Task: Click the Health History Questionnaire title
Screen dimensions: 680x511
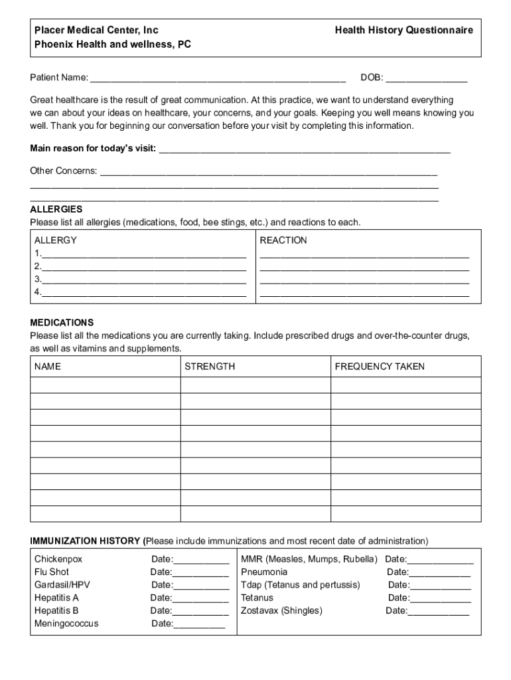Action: (403, 31)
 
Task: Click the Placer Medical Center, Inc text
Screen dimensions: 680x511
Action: (97, 31)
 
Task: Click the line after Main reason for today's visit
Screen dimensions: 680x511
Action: (305, 149)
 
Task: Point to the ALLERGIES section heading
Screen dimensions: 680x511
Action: (56, 209)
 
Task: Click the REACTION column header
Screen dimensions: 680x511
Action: (283, 240)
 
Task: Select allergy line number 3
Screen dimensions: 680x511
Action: (143, 280)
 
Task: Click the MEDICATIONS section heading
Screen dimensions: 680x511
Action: (62, 323)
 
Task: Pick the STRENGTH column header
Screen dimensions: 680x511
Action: (210, 367)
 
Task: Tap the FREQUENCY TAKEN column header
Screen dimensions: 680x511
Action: (380, 367)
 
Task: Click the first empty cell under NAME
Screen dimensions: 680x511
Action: (105, 385)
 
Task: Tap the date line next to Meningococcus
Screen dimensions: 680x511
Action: (199, 624)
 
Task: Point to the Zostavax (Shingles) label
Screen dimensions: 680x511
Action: (281, 610)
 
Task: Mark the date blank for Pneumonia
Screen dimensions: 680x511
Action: (439, 572)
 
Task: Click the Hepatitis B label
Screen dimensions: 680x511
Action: (56, 610)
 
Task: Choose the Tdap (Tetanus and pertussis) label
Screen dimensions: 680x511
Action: (301, 585)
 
